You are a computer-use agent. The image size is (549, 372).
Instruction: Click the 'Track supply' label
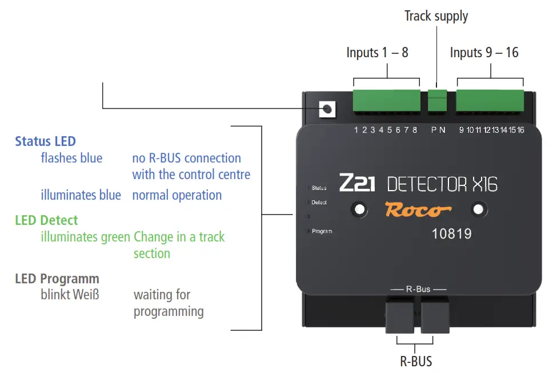(436, 16)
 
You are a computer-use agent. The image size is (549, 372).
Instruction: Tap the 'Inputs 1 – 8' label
(377, 53)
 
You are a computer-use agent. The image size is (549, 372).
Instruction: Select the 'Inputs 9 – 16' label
(484, 53)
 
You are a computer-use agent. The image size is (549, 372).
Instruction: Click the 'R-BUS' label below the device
(415, 361)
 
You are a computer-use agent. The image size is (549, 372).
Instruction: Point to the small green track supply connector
(437, 101)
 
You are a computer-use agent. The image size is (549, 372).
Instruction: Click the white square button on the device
(327, 109)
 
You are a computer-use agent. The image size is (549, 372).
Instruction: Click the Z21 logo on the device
(358, 183)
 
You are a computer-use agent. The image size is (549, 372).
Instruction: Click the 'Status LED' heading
(45, 141)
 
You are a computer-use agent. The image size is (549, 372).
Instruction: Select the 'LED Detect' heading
(46, 220)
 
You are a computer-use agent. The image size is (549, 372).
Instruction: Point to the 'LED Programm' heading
(57, 279)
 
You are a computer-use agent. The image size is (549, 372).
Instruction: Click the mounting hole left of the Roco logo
(359, 210)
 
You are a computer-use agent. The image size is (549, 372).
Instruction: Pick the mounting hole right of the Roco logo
(479, 210)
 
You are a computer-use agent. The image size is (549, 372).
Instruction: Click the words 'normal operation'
(177, 195)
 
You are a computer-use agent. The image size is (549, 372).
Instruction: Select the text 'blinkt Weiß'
(70, 295)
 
